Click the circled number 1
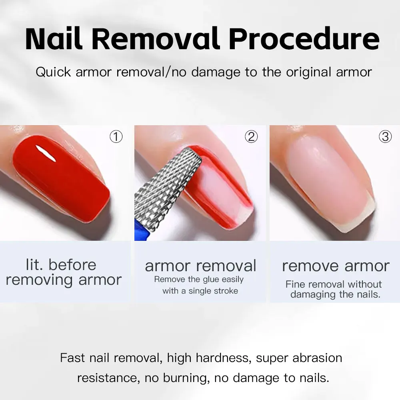click(x=116, y=137)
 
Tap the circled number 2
click(x=251, y=137)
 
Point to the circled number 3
click(x=385, y=137)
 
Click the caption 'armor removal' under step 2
click(x=200, y=266)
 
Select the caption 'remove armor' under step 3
click(x=336, y=266)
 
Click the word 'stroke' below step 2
click(x=224, y=291)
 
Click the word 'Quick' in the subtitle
click(x=53, y=72)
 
